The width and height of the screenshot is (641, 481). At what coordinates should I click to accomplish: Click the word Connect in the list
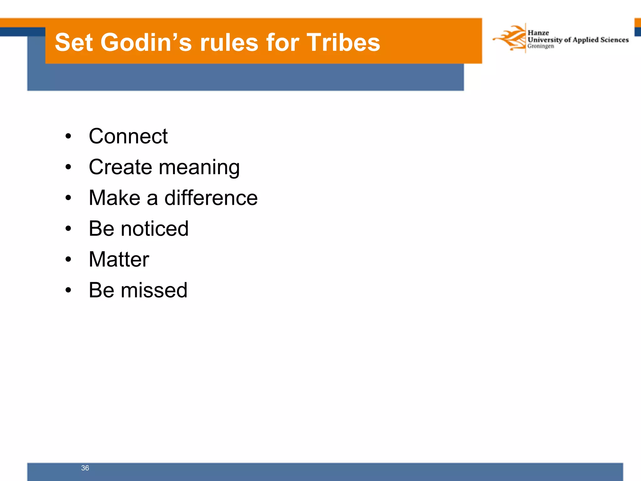[x=128, y=136]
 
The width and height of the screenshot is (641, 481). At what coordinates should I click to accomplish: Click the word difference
[x=211, y=198]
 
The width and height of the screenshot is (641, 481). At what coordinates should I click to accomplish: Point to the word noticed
[x=155, y=229]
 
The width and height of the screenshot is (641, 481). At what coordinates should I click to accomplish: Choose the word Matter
[x=119, y=259]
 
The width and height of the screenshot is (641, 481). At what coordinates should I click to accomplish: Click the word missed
[x=154, y=290]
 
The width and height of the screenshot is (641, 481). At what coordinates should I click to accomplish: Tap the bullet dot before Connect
[x=68, y=137]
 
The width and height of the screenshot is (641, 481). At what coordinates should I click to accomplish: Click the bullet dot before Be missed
[x=68, y=290]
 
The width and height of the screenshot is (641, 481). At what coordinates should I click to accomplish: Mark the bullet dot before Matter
[x=68, y=260]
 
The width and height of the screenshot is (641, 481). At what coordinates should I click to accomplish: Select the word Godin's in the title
[x=146, y=42]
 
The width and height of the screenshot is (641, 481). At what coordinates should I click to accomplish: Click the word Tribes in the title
[x=343, y=42]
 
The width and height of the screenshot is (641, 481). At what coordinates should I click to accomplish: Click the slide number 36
[x=85, y=468]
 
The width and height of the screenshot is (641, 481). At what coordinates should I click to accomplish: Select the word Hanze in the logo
[x=538, y=33]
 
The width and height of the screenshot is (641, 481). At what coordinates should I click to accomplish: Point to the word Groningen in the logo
[x=541, y=46]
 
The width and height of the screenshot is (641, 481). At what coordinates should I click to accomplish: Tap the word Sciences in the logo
[x=614, y=40]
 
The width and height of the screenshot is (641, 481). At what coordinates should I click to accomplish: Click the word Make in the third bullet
[x=115, y=198]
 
